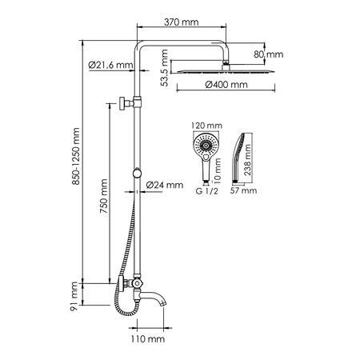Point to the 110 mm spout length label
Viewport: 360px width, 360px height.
click(149, 340)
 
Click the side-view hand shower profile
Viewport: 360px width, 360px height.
click(239, 156)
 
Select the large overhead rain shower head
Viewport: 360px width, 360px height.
click(226, 70)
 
